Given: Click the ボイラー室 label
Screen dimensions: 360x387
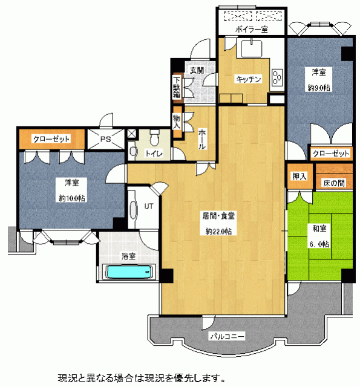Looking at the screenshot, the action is pyautogui.click(x=251, y=30).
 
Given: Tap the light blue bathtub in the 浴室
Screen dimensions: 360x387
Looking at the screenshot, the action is pyautogui.click(x=128, y=272).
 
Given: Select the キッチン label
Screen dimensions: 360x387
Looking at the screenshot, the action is pyautogui.click(x=249, y=79).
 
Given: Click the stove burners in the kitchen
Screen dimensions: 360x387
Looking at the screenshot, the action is pyautogui.click(x=277, y=77).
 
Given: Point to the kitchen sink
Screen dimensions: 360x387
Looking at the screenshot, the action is pyautogui.click(x=251, y=48).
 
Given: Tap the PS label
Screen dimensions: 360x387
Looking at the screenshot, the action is pyautogui.click(x=106, y=139).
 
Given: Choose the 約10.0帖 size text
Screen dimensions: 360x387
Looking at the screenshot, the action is pyautogui.click(x=72, y=198).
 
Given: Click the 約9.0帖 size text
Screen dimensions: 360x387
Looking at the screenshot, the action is pyautogui.click(x=319, y=88).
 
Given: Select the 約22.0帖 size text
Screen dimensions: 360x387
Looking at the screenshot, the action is pyautogui.click(x=218, y=231).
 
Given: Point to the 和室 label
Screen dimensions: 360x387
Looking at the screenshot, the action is pyautogui.click(x=319, y=229).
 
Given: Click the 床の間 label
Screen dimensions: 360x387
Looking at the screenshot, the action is pyautogui.click(x=334, y=183).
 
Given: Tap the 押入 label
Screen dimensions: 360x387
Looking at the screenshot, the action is pyautogui.click(x=299, y=176).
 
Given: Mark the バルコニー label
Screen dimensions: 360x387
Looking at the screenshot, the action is pyautogui.click(x=227, y=336).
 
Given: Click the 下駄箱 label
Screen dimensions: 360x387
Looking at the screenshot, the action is pyautogui.click(x=177, y=88).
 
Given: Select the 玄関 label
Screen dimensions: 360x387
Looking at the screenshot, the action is pyautogui.click(x=197, y=71).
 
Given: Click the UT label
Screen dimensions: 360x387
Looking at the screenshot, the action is pyautogui.click(x=149, y=206).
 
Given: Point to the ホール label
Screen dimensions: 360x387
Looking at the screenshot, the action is pyautogui.click(x=202, y=140).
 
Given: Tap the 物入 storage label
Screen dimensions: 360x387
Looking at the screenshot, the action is pyautogui.click(x=177, y=122).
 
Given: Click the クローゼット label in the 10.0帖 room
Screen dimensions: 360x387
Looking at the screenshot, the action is pyautogui.click(x=51, y=139).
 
